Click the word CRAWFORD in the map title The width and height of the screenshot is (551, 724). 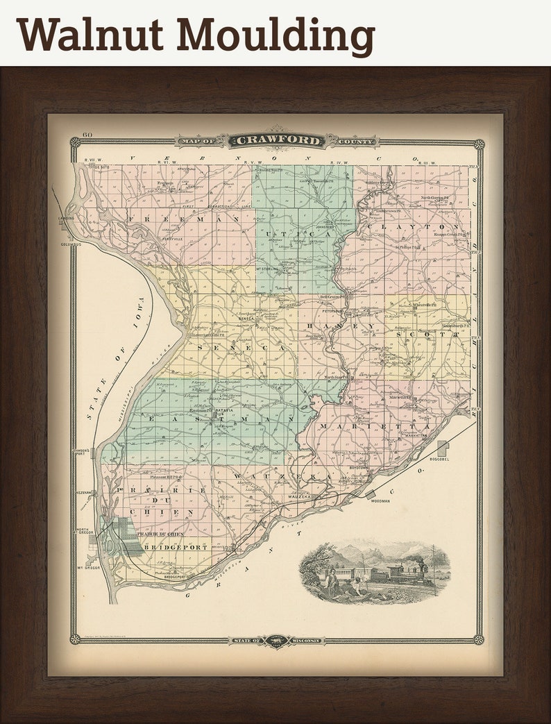click(x=278, y=141)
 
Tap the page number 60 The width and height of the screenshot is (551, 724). click(x=87, y=135)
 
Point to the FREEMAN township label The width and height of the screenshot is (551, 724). click(x=183, y=219)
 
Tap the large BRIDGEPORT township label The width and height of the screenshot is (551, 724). click(x=176, y=547)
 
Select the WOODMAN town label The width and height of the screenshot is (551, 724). click(x=380, y=500)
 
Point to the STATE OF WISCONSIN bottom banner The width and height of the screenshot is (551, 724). click(x=278, y=639)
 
